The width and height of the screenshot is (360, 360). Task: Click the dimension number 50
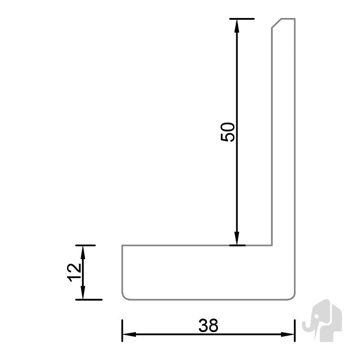228,132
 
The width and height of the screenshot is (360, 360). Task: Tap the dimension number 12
74,273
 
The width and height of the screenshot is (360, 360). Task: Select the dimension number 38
208,325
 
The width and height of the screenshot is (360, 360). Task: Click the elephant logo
322,320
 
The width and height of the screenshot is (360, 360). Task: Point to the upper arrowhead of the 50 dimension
237,26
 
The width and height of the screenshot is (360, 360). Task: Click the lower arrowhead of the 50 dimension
237,238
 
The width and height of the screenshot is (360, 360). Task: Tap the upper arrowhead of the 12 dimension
83,252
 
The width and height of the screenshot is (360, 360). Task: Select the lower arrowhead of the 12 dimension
83,292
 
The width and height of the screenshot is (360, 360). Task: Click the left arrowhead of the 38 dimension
129,334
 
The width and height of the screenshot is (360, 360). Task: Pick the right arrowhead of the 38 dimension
288,334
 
